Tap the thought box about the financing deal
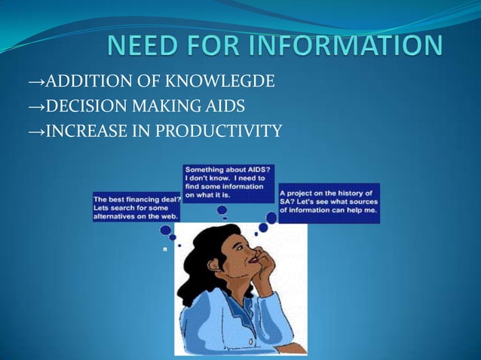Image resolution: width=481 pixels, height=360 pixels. tap(136, 205)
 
